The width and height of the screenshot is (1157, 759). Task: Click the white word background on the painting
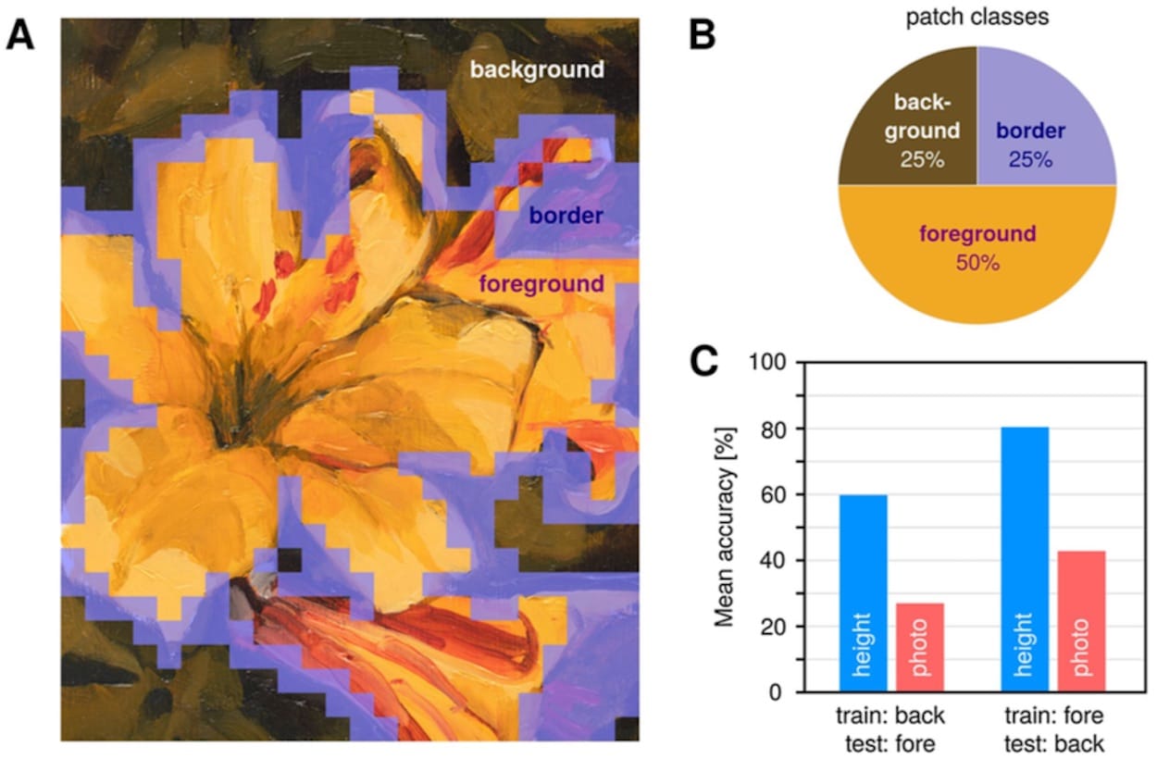pos(537,69)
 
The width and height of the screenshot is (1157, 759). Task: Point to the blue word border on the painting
pos(566,217)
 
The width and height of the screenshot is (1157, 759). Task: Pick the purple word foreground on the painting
pos(541,284)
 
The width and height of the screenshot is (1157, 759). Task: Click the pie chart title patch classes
pos(977,18)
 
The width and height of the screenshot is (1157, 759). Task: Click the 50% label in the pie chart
pos(977,263)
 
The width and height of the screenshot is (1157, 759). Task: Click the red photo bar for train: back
pos(920,647)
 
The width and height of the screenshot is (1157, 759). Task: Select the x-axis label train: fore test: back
pos(1052,728)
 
